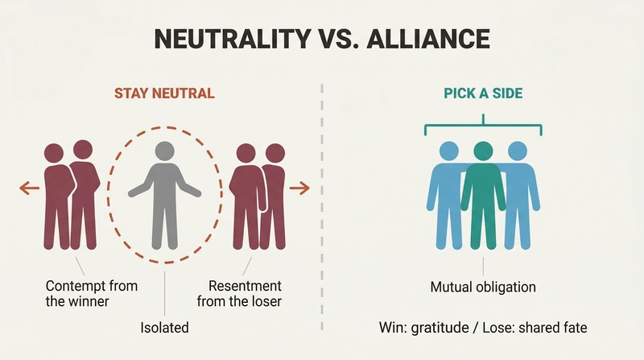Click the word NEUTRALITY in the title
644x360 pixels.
coord(232,39)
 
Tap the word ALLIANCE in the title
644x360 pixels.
coord(427,39)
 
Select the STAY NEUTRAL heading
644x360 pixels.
coord(164,93)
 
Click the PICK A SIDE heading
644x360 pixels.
coord(483,93)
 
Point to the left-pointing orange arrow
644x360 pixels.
coord(30,188)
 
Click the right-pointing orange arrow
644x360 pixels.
coord(299,188)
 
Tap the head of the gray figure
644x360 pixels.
coord(165,151)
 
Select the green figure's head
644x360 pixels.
coord(483,151)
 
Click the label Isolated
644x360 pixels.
coord(164,328)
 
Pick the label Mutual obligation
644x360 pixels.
coord(483,287)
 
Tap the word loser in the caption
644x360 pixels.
coord(266,301)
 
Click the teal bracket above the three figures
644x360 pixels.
coord(484,125)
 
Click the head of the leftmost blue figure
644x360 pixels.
coord(449,151)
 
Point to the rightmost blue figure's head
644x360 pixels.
coord(518,151)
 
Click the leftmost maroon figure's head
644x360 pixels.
coord(54,153)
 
